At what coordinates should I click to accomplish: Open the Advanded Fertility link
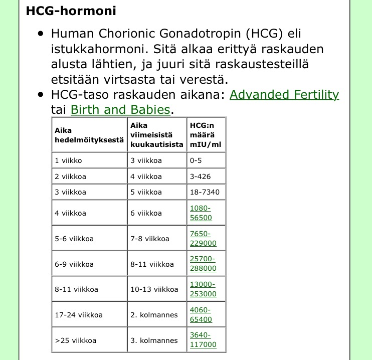pyautogui.click(x=284, y=95)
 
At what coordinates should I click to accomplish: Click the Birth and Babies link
pyautogui.click(x=120, y=110)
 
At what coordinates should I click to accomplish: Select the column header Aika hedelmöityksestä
pyautogui.click(x=89, y=135)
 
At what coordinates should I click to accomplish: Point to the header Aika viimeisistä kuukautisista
pyautogui.click(x=156, y=135)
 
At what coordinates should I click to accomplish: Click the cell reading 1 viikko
pyautogui.click(x=68, y=161)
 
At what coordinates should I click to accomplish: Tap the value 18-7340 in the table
pyautogui.click(x=204, y=192)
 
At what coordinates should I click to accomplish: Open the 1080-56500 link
pyautogui.click(x=201, y=213)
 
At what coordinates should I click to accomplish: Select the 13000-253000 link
pyautogui.click(x=203, y=289)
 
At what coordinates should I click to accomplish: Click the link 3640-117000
pyautogui.click(x=203, y=340)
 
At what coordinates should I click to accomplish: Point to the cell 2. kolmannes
pyautogui.click(x=154, y=315)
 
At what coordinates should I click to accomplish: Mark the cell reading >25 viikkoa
pyautogui.click(x=75, y=340)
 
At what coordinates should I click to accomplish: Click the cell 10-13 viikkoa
pyautogui.click(x=154, y=289)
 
